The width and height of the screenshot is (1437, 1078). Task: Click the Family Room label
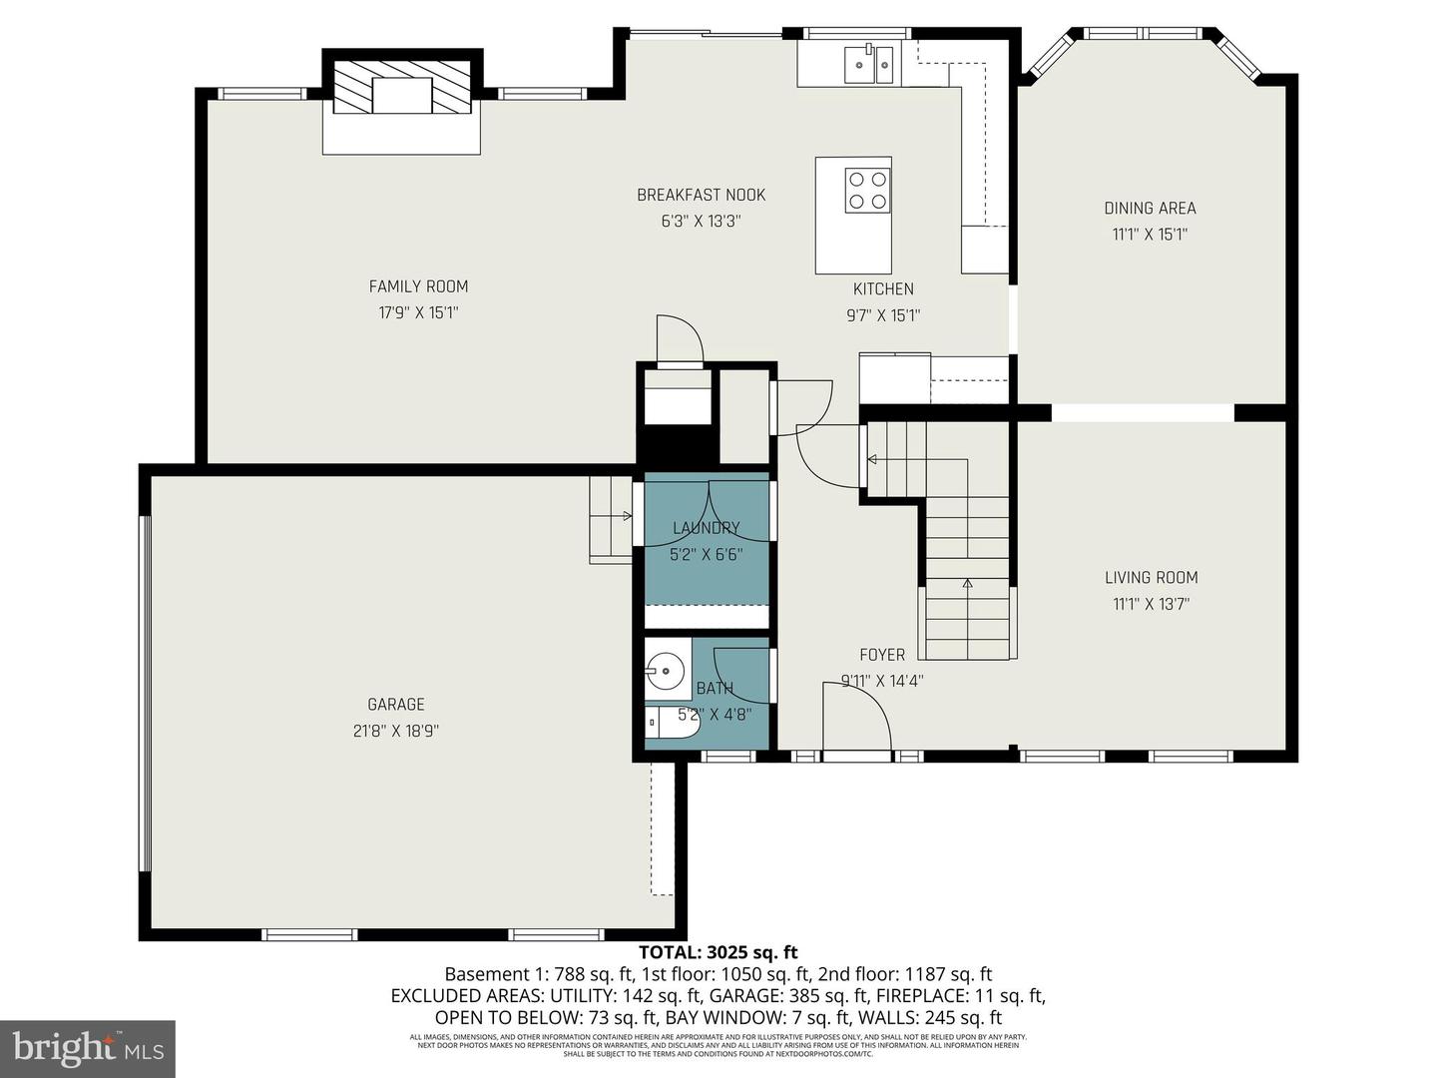tap(418, 286)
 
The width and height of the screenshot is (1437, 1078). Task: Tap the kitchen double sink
tap(869, 65)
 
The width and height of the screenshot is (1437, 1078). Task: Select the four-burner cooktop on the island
tap(866, 191)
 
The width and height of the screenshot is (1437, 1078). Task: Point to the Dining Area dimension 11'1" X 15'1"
tap(1150, 235)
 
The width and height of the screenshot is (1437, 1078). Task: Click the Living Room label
tap(1151, 577)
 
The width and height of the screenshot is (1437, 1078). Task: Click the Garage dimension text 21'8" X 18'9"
tap(395, 731)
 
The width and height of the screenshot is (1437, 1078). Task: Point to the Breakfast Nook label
tap(701, 195)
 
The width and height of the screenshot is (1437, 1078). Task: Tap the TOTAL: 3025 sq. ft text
tap(718, 952)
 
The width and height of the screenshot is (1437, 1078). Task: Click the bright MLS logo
tap(88, 1048)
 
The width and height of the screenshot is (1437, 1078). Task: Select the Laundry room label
tap(706, 528)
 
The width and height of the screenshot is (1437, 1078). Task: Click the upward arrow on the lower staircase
tap(967, 583)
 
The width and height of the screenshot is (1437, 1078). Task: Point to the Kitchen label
tap(882, 289)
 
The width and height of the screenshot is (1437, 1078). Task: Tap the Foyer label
tap(882, 655)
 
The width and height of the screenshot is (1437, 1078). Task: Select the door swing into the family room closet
tap(680, 339)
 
